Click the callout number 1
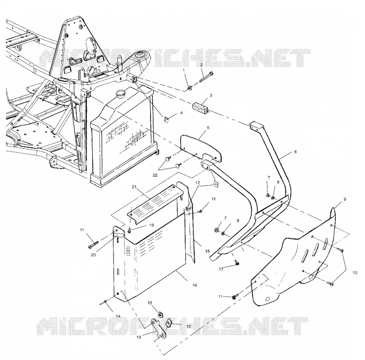[184, 70]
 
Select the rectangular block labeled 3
[200, 108]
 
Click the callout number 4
[181, 113]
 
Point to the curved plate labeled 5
[201, 148]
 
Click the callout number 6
[295, 152]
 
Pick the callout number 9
[345, 199]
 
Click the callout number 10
[355, 273]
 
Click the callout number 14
[118, 316]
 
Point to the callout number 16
[195, 285]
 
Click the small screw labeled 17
[237, 262]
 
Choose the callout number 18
[208, 251]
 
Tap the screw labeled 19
[129, 230]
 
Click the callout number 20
[93, 255]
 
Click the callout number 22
[155, 175]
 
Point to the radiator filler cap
[120, 93]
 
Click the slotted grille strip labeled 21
[155, 200]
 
